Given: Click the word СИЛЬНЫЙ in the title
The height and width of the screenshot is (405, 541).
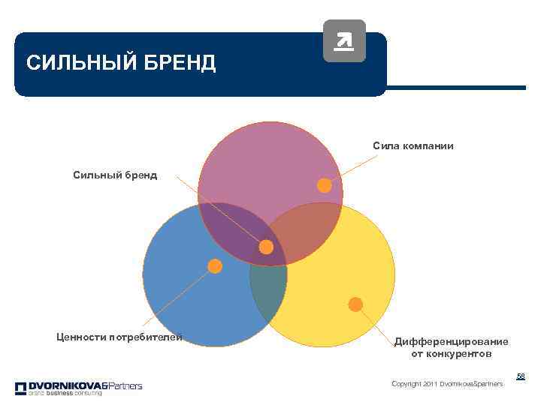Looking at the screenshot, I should click(x=69, y=63).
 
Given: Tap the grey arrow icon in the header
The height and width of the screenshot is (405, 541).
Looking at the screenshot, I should click(x=344, y=40).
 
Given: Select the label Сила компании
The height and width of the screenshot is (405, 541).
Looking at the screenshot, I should click(x=413, y=145).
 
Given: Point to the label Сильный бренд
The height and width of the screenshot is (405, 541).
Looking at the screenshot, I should click(x=115, y=175).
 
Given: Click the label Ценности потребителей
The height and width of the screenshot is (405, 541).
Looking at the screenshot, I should click(x=119, y=337).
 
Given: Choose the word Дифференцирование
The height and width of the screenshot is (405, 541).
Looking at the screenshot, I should click(x=451, y=341).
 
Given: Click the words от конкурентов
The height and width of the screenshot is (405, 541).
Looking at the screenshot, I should click(x=452, y=353).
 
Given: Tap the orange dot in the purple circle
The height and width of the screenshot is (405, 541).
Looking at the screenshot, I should click(x=324, y=184).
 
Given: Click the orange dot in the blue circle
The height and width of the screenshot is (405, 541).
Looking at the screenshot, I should click(x=215, y=265).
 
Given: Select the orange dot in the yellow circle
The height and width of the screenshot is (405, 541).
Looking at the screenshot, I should click(x=355, y=304).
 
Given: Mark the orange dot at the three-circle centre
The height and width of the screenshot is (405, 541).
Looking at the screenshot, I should click(x=266, y=247).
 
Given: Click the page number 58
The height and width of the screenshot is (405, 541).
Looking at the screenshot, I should click(x=521, y=376).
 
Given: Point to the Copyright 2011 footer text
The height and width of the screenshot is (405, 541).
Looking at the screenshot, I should click(x=447, y=384).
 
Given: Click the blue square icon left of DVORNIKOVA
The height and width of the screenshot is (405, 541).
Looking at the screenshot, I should click(x=20, y=388).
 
